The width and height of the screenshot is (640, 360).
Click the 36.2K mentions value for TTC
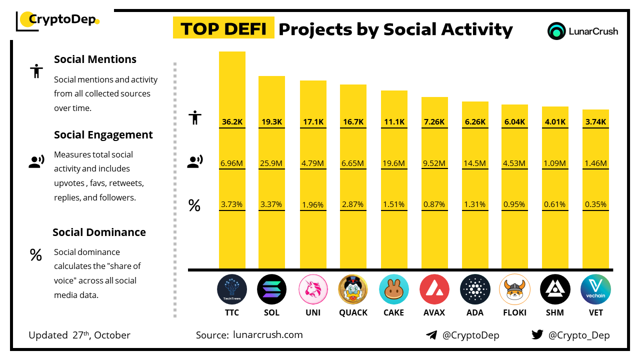click(x=232, y=121)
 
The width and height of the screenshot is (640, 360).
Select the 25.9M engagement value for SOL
click(x=271, y=163)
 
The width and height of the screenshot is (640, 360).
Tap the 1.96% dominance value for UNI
click(x=313, y=204)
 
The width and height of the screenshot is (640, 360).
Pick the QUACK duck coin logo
click(x=353, y=289)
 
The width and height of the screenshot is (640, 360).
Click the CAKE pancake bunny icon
click(x=394, y=289)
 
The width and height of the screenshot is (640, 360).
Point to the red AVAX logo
click(x=434, y=289)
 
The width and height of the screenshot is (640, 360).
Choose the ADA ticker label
click(x=475, y=312)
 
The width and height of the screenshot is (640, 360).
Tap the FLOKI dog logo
click(x=514, y=289)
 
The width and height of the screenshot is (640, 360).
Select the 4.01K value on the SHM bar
click(x=555, y=121)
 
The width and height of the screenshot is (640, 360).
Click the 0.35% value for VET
click(x=596, y=204)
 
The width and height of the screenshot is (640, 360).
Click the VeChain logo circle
click(x=595, y=289)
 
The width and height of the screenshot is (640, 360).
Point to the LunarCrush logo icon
click(x=556, y=31)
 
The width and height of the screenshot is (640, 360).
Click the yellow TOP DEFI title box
click(x=223, y=28)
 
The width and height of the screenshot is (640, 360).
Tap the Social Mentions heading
click(x=95, y=59)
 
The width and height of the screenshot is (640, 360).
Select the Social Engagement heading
click(x=103, y=134)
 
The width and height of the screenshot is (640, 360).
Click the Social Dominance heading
click(x=99, y=232)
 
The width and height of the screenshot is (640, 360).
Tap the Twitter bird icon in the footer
click(x=537, y=335)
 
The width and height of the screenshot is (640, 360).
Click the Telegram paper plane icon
click(x=431, y=335)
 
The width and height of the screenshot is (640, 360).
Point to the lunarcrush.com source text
click(x=267, y=335)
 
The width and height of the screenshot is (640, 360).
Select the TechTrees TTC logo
click(x=232, y=289)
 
